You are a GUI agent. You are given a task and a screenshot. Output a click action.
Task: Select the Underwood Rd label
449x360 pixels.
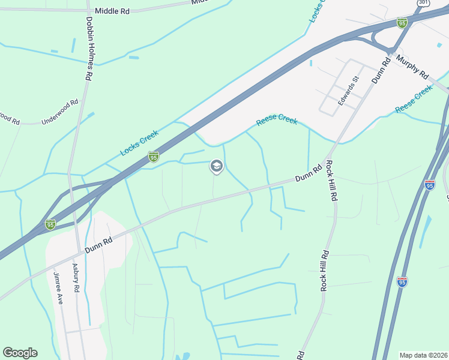(x=60, y=112)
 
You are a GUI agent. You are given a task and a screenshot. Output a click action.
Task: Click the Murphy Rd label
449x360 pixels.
(x=413, y=67)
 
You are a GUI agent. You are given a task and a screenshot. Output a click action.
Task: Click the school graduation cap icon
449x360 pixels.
(x=216, y=166)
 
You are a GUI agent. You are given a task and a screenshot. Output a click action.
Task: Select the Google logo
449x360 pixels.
(x=20, y=353)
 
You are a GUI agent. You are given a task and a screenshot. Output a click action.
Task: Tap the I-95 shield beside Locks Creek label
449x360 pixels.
(x=154, y=157)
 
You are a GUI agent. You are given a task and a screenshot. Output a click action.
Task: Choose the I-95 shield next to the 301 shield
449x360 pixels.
(x=402, y=23)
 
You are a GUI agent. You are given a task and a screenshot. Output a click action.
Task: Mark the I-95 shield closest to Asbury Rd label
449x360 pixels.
(x=50, y=224)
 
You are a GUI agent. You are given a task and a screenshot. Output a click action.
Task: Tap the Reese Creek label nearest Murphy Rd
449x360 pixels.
(x=414, y=99)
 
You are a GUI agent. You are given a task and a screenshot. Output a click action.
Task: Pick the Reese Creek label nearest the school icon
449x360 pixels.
(x=277, y=120)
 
